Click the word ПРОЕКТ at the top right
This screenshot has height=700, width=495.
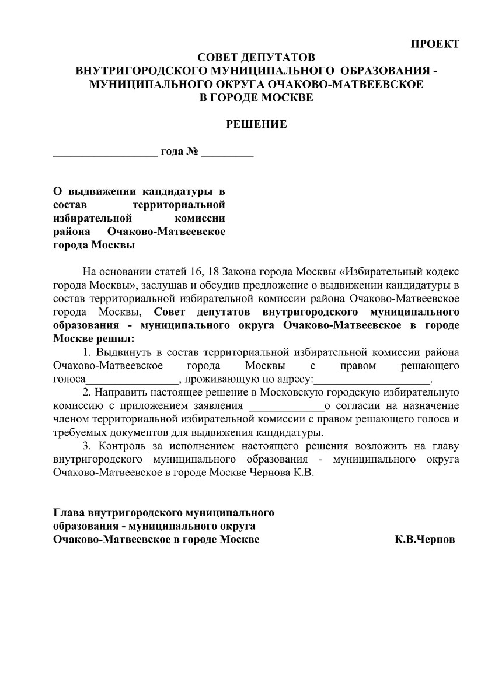(435, 44)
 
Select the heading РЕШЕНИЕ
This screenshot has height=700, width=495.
(256, 124)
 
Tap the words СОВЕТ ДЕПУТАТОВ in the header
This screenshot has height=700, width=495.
(256, 58)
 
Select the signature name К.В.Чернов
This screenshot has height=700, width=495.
(424, 540)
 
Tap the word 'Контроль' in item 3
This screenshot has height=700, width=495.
(123, 446)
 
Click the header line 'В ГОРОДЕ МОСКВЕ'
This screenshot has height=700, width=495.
(256, 97)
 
